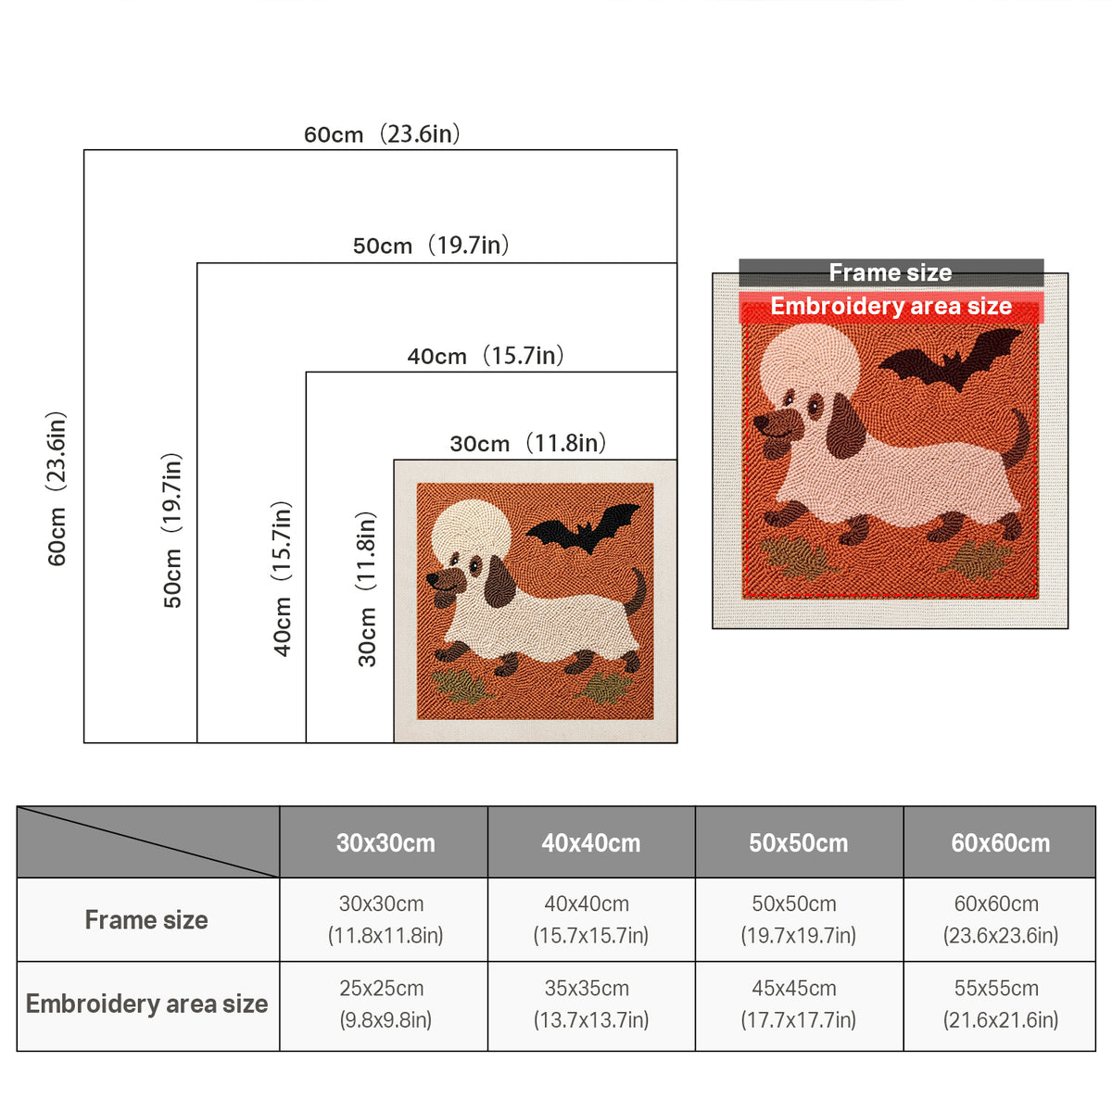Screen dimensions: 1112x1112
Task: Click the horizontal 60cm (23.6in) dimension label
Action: (382, 133)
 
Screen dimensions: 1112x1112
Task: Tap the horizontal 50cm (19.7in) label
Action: (431, 246)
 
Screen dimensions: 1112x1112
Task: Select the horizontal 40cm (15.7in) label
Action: (486, 356)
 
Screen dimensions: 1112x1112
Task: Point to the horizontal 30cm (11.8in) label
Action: (528, 443)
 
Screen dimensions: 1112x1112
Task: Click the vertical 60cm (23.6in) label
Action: (57, 488)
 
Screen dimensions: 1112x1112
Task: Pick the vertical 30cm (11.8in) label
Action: (366, 588)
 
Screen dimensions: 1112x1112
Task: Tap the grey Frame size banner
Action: (891, 272)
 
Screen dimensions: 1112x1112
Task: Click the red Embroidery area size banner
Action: (891, 307)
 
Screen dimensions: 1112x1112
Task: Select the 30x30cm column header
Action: (385, 843)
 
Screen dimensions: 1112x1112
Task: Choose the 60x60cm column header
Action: (1000, 843)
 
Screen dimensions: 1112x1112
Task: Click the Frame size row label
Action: (146, 920)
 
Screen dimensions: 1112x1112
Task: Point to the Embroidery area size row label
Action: (146, 1005)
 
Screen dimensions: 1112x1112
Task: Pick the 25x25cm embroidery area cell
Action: (385, 1005)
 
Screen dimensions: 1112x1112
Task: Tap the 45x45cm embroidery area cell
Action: (798, 1005)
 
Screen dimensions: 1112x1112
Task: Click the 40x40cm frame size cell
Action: (590, 919)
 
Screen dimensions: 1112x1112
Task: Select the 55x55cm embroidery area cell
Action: (1000, 1005)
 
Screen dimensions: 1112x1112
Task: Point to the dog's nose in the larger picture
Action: (762, 424)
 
